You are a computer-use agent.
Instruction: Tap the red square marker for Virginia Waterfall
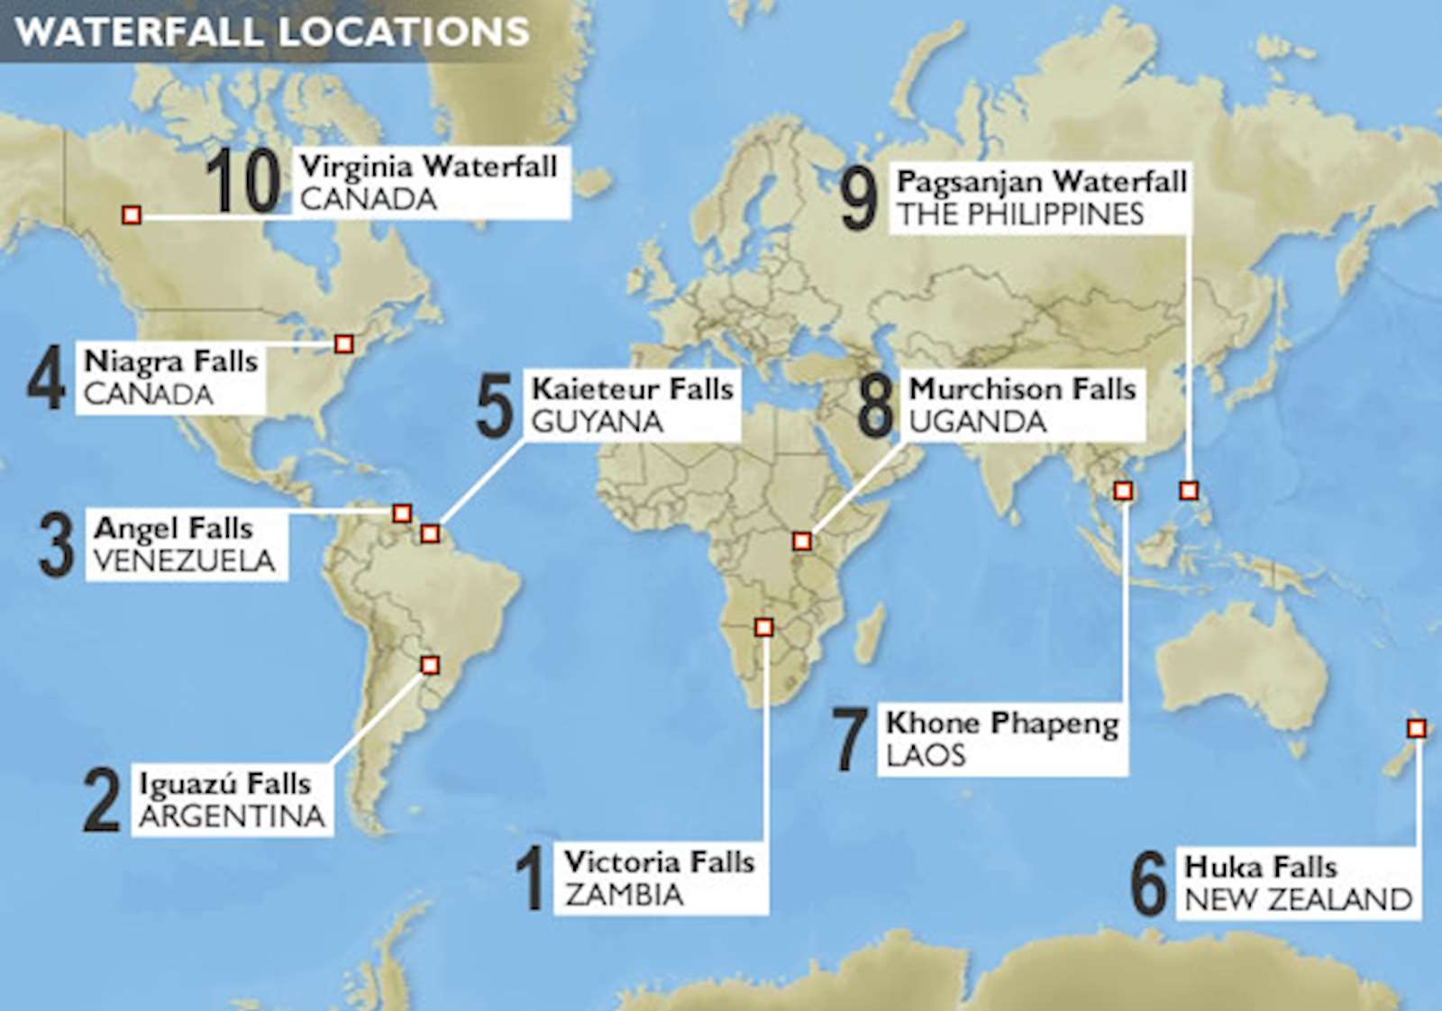pyautogui.click(x=132, y=215)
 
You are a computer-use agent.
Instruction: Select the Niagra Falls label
pyautogui.click(x=171, y=361)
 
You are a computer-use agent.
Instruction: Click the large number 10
pyautogui.click(x=243, y=182)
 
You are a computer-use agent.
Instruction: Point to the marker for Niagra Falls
pyautogui.click(x=343, y=344)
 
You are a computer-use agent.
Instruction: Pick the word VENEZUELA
pyautogui.click(x=185, y=561)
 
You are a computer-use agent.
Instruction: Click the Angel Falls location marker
pyautogui.click(x=402, y=514)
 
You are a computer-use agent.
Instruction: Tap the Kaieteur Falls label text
pyautogui.click(x=633, y=389)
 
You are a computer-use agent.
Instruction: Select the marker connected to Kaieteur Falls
pyautogui.click(x=431, y=534)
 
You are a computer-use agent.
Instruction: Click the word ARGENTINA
pyautogui.click(x=233, y=816)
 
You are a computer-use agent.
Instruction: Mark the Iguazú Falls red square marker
pyautogui.click(x=431, y=666)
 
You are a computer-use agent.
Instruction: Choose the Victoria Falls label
pyautogui.click(x=660, y=862)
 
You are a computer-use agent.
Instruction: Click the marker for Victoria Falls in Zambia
pyautogui.click(x=764, y=627)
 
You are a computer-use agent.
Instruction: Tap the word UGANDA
pyautogui.click(x=978, y=422)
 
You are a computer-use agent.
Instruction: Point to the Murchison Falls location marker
pyautogui.click(x=802, y=542)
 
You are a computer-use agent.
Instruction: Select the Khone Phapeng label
pyautogui.click(x=1002, y=724)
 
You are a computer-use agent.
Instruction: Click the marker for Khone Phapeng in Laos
pyautogui.click(x=1123, y=491)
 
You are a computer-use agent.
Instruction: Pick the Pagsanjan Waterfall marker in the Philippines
pyautogui.click(x=1190, y=491)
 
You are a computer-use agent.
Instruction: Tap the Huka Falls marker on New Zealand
pyautogui.click(x=1417, y=728)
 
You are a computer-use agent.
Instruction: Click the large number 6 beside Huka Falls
pyautogui.click(x=1149, y=885)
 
